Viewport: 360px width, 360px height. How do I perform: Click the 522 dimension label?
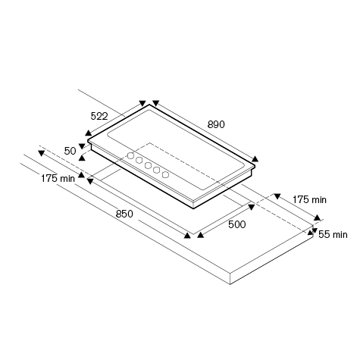(99, 116)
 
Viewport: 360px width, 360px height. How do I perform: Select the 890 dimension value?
(216, 124)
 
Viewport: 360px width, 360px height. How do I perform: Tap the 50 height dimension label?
(70, 151)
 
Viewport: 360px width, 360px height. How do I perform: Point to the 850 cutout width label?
(124, 214)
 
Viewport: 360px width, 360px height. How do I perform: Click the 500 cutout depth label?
(236, 224)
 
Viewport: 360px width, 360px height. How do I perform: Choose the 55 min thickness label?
(333, 235)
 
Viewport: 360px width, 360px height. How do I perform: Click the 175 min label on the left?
(58, 179)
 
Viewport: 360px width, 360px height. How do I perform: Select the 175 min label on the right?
(309, 200)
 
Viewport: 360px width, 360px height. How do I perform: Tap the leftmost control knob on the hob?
(130, 156)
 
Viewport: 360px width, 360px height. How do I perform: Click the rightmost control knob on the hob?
(165, 174)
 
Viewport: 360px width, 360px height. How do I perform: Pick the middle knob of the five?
(148, 165)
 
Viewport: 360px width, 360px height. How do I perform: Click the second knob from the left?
(139, 160)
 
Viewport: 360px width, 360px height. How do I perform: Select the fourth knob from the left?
(157, 170)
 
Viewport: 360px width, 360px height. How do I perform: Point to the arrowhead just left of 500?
(200, 235)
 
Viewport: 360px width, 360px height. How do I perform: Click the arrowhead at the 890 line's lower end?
(255, 159)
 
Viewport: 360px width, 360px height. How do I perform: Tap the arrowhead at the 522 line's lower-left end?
(88, 133)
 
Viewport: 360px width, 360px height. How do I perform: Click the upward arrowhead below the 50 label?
(82, 158)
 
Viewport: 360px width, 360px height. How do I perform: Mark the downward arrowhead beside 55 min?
(315, 230)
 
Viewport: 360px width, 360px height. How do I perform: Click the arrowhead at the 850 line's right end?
(187, 236)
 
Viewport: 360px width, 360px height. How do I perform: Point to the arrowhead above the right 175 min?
(277, 196)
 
